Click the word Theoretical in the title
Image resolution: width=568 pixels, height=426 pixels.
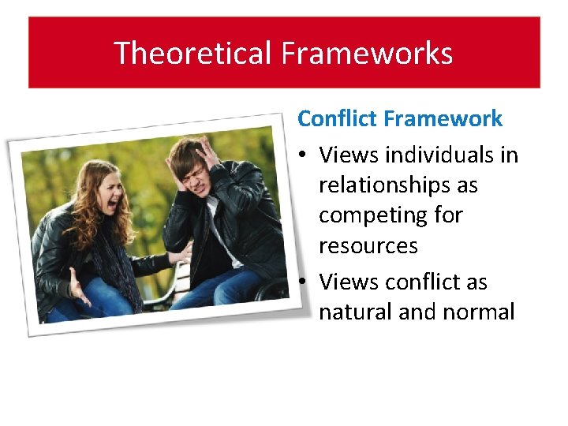pos(192,54)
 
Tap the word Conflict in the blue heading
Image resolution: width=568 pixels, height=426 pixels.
pos(337,119)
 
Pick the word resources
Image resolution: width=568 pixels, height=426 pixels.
pos(368,245)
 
